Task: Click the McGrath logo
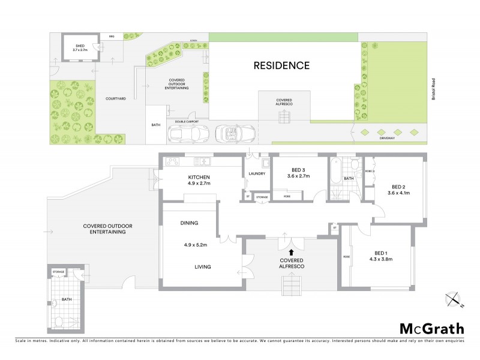431,328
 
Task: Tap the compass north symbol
454,299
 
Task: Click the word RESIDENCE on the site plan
281,65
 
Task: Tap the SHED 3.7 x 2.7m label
80,48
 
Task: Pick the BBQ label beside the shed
111,37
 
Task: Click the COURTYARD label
115,99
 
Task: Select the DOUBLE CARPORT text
187,121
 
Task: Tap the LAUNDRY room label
256,174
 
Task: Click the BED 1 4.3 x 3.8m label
382,256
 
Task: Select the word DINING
189,223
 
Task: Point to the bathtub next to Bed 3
335,172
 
